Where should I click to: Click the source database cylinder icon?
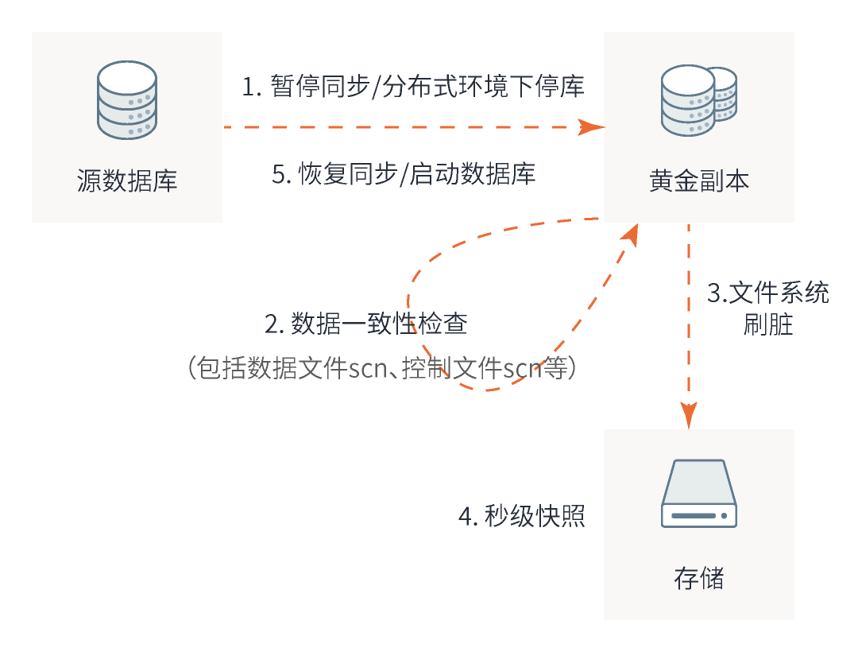tap(127, 100)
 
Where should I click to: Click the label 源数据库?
tap(127, 181)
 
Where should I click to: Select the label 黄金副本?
tap(699, 181)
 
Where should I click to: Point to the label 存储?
tap(699, 578)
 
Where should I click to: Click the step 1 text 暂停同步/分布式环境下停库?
tap(427, 86)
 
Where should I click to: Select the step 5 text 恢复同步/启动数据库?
tap(416, 173)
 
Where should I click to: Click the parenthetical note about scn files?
tap(381, 369)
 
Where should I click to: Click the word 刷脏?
tap(768, 324)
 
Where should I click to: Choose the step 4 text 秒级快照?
tap(535, 516)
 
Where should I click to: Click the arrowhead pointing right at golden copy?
tap(591, 127)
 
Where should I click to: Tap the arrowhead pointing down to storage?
tap(689, 415)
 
